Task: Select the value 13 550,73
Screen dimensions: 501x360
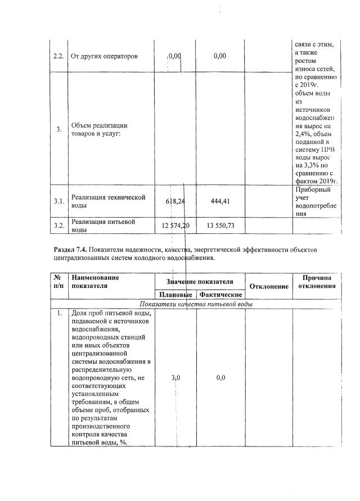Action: (220, 225)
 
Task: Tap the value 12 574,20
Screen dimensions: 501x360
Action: (175, 225)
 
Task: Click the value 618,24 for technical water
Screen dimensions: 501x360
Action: (175, 200)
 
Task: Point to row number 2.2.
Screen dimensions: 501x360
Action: (58, 56)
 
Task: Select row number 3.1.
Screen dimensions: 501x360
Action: (58, 201)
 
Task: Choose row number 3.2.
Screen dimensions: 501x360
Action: (58, 226)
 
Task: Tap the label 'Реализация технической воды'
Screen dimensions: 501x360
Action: (108, 201)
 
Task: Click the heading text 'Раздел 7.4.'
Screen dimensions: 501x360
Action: (70, 249)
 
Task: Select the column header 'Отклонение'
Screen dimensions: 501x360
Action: (268, 286)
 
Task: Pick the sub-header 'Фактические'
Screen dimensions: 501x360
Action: (220, 295)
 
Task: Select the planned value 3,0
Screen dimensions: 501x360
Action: (175, 378)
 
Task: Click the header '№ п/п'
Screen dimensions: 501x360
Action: (58, 282)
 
